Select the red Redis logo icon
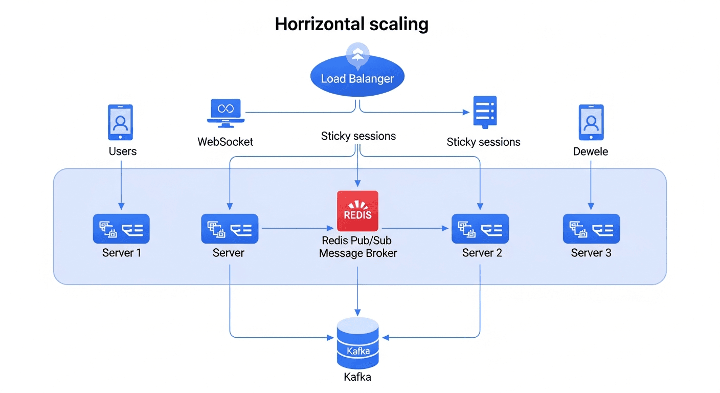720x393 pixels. [x=357, y=211]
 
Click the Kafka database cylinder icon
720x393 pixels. [x=357, y=342]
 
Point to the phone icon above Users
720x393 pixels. [x=120, y=122]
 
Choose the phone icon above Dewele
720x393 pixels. [x=591, y=122]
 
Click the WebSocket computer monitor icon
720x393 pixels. [x=226, y=113]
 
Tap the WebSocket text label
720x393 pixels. [x=226, y=142]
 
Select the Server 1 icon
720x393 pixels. [x=121, y=228]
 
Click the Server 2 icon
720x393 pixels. [x=480, y=228]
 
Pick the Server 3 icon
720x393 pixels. [x=591, y=228]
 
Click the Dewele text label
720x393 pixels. [x=591, y=151]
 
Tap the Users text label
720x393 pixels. [x=123, y=151]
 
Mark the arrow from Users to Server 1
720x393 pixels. [x=121, y=184]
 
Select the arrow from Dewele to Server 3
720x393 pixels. [x=591, y=184]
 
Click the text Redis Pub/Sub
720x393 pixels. [x=356, y=241]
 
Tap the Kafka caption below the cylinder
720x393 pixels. [x=357, y=378]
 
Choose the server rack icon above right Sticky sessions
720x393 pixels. [x=485, y=112]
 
